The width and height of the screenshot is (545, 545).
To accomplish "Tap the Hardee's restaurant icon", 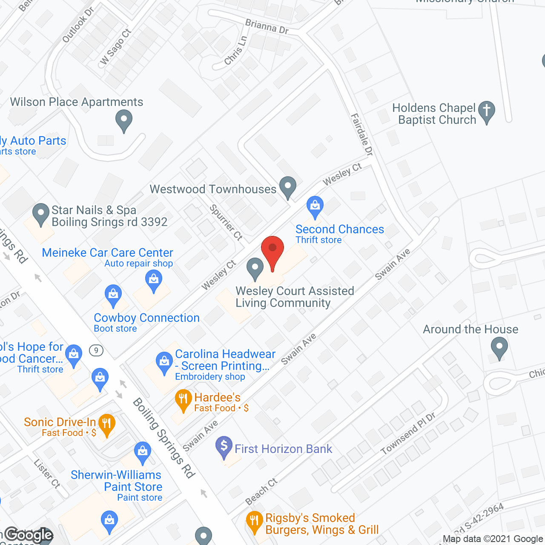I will point(183,399).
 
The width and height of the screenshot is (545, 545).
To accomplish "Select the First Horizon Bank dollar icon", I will point(224,447).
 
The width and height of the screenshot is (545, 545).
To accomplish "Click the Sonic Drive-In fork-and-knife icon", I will point(106,424).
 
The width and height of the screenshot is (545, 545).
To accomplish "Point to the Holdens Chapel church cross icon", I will point(487,111).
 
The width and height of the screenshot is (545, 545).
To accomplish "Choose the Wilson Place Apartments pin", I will point(124,120).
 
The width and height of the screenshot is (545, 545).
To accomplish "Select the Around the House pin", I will point(499,347).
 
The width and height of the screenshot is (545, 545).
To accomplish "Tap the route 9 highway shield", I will point(97,350).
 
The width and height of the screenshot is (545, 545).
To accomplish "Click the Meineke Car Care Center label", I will point(107,252).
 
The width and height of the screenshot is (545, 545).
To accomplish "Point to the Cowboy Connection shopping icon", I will point(113,295).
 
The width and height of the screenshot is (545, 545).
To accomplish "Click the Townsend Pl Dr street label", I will point(408,434).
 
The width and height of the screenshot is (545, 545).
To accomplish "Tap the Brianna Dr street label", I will point(267,26).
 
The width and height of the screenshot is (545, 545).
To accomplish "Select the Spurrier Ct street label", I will point(226,222).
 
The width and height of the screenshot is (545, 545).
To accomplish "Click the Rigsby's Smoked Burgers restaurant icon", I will point(255,521).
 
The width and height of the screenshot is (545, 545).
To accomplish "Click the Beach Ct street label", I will point(261,491).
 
